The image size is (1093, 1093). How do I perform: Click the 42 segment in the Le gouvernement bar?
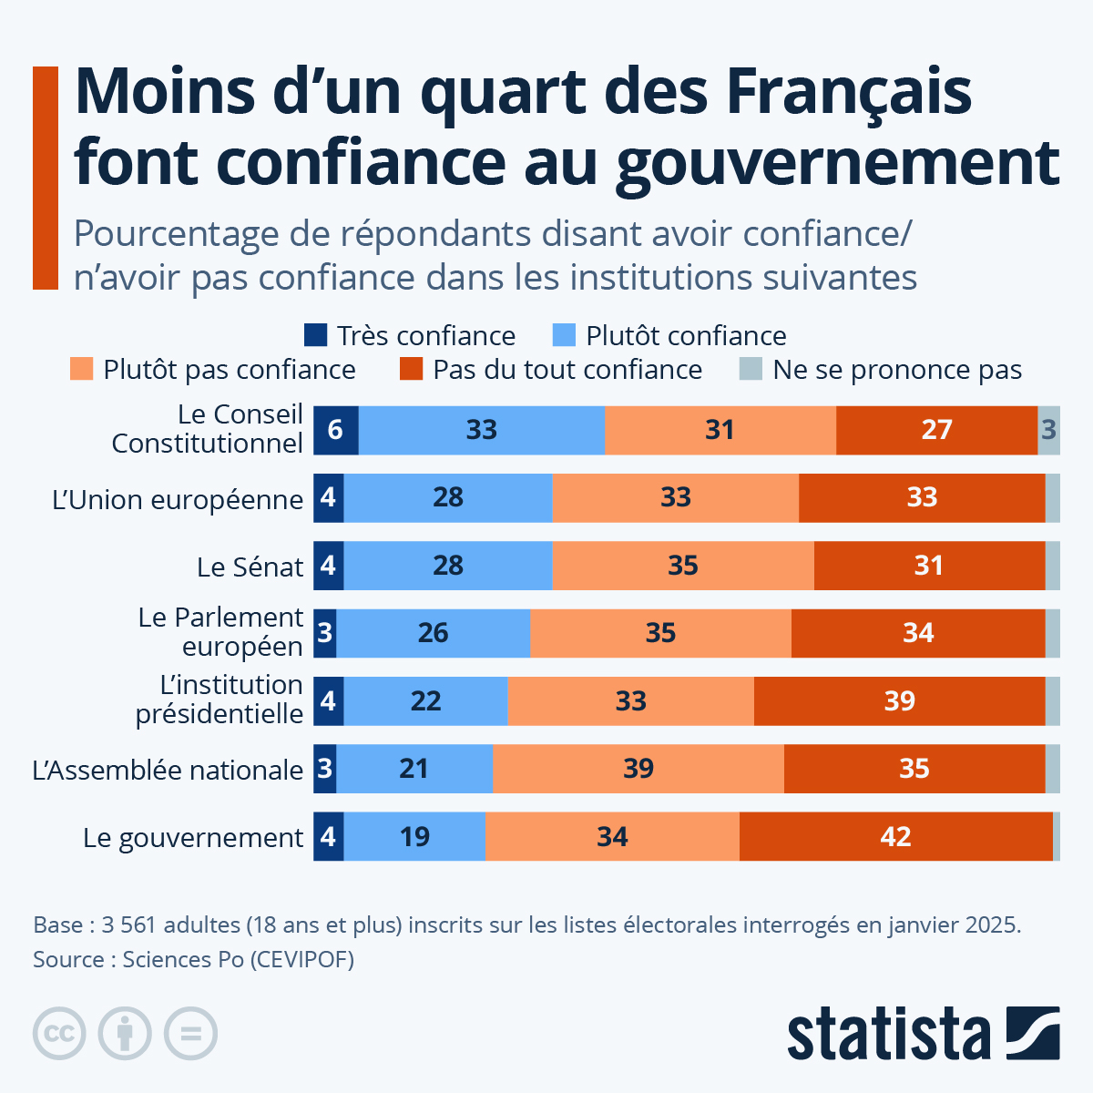[x=895, y=836]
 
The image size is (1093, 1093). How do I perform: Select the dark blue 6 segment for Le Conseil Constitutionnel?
[x=335, y=430]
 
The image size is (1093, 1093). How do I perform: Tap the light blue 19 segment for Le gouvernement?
[x=414, y=836]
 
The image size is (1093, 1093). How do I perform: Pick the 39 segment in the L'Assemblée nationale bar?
[x=638, y=769]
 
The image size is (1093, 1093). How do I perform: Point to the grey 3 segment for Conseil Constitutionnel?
[x=1048, y=430]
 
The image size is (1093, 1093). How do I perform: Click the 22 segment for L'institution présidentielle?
[x=425, y=701]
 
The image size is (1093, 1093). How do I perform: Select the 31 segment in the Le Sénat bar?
[x=928, y=566]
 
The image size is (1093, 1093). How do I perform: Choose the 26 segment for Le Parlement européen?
[x=433, y=633]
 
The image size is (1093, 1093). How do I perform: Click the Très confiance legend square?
[x=315, y=335]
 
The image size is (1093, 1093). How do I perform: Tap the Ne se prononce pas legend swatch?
[x=750, y=369]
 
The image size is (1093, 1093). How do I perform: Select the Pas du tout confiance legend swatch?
[x=411, y=369]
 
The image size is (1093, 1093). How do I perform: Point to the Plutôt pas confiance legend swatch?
[x=81, y=369]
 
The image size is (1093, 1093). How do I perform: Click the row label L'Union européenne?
[x=178, y=499]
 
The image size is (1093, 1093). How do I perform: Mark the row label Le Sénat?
[x=250, y=567]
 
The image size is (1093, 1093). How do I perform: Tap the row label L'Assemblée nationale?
[x=168, y=770]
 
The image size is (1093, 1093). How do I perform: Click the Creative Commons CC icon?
[x=59, y=1034]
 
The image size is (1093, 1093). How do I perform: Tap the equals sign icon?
[x=190, y=1034]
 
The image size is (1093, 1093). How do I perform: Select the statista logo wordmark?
[x=888, y=1034]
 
